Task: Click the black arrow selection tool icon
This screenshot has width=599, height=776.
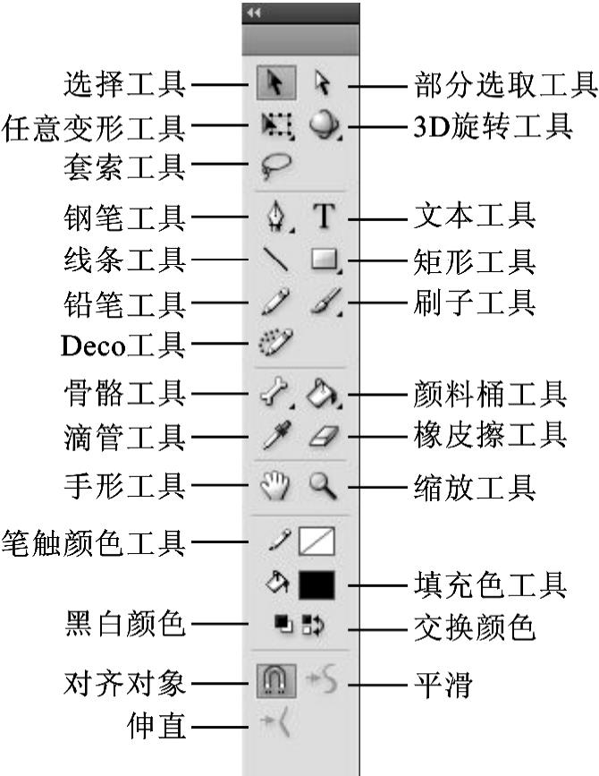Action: pyautogui.click(x=272, y=85)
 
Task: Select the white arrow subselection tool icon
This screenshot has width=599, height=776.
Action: pyautogui.click(x=322, y=85)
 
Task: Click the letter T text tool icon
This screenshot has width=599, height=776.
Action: pyautogui.click(x=322, y=215)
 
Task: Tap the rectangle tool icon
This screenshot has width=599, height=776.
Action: pyautogui.click(x=323, y=260)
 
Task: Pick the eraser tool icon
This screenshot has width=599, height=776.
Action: pyautogui.click(x=322, y=437)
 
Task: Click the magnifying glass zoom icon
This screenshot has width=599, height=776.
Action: pyautogui.click(x=322, y=486)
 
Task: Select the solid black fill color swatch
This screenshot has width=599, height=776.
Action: pyautogui.click(x=317, y=585)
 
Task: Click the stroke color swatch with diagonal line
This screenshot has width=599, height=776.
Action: pyautogui.click(x=317, y=540)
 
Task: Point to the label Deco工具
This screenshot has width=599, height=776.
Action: pyautogui.click(x=123, y=344)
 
